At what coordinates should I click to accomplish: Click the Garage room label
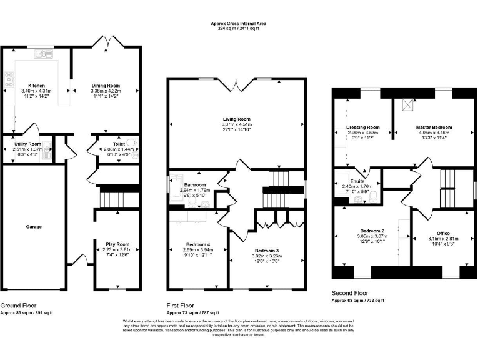pos(34,227)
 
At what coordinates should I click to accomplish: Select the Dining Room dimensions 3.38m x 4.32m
pos(106,91)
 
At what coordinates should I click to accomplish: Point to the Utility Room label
pos(27,144)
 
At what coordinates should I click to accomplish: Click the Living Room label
pos(236,119)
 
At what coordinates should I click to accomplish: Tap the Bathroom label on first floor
pos(192,184)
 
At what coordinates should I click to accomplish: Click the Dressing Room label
pos(363,127)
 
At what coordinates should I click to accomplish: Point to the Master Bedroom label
pos(434,127)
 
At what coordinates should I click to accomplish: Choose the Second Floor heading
pos(349,293)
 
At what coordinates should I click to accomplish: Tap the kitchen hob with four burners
pos(9,79)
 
